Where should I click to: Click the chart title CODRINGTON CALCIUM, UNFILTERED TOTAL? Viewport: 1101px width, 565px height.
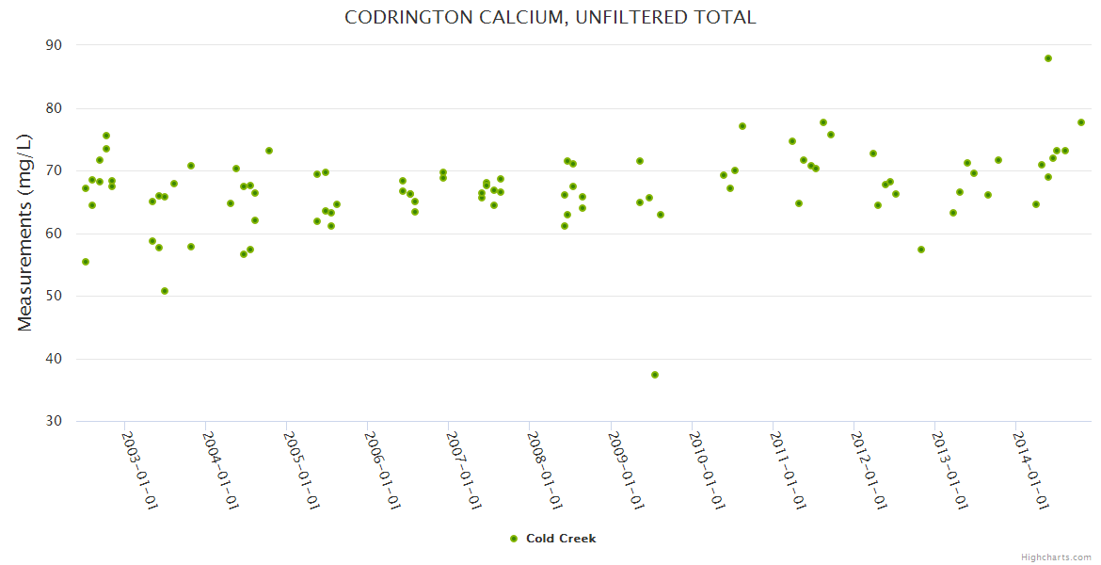coord(550,18)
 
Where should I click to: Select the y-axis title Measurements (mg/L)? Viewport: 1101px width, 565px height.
coord(25,233)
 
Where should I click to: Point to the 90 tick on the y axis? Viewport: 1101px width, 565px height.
coord(53,45)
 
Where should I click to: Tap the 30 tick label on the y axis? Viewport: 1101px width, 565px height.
coord(53,422)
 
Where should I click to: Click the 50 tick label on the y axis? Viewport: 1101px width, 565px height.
coord(53,297)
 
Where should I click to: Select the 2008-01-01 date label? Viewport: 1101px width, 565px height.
coord(544,471)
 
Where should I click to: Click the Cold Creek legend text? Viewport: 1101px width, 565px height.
coord(561,539)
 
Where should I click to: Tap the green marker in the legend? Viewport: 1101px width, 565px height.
coord(514,539)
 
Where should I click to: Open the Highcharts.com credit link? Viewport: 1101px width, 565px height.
coord(1056,557)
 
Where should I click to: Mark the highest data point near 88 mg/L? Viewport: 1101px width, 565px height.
coord(1048,58)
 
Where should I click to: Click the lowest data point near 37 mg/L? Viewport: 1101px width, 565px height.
coord(655,375)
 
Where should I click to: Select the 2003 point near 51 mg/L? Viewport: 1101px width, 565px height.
coord(165,291)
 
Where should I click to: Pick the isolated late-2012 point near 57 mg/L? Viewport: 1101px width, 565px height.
coord(921,250)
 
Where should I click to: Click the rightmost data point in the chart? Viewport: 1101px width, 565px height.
coord(1081,122)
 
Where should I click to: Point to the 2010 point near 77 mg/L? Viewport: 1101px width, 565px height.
coord(742,126)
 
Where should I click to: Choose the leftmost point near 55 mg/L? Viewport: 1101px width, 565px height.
coord(86,262)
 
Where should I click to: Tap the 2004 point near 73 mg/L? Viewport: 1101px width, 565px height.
coord(269,151)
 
